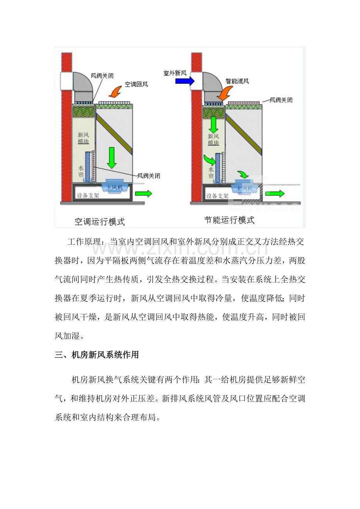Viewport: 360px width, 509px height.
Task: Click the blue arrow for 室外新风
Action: pos(185,81)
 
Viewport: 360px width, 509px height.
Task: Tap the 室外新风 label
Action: pos(175,73)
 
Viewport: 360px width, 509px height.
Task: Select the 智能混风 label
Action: pos(237,81)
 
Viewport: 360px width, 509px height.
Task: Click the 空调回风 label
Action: pos(136,84)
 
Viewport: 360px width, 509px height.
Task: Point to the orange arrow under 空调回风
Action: pos(115,91)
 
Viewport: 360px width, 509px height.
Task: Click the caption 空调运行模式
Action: pos(100,222)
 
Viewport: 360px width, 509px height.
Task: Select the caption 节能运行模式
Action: pos(229,220)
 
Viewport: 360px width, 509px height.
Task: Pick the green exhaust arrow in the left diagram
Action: pos(144,194)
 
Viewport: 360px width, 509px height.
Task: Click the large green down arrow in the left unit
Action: pos(112,158)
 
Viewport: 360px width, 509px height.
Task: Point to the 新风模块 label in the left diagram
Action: pos(83,138)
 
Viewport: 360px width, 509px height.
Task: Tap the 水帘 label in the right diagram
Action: pos(211,172)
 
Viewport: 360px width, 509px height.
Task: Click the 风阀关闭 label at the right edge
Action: pos(281,100)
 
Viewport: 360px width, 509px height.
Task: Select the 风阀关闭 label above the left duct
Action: pos(102,76)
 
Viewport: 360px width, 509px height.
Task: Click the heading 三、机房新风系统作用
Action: pos(97,355)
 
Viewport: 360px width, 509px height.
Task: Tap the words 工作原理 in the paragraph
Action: pos(84,242)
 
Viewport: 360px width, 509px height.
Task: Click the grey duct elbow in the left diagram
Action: pos(83,86)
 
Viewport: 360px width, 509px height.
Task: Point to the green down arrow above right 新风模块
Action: pos(213,125)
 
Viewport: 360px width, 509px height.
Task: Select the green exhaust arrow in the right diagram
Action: pos(275,194)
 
